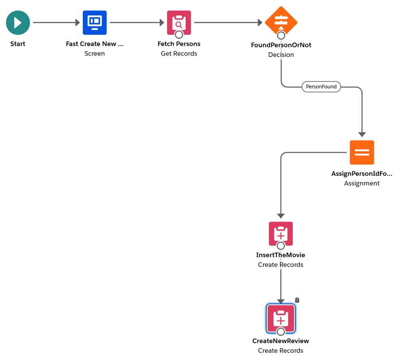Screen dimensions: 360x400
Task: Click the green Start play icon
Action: pyautogui.click(x=18, y=23)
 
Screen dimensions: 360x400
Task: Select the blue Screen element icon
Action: pyautogui.click(x=95, y=23)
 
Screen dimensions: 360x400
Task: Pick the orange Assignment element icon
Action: pyautogui.click(x=362, y=153)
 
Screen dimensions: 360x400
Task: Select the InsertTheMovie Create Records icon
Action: pyautogui.click(x=281, y=233)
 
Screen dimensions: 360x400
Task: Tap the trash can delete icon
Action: pyautogui.click(x=297, y=300)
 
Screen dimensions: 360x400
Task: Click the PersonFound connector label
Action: pyautogui.click(x=321, y=86)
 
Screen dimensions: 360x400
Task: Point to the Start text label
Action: pyautogui.click(x=18, y=44)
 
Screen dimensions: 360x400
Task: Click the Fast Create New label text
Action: pyautogui.click(x=95, y=44)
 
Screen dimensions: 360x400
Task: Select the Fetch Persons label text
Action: pyautogui.click(x=179, y=44)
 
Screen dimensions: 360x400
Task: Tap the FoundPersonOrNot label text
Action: pyautogui.click(x=281, y=45)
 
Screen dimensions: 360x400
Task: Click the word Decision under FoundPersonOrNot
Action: pyautogui.click(x=281, y=55)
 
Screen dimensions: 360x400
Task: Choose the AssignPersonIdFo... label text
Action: pyautogui.click(x=362, y=174)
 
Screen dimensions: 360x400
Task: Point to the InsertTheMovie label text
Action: pyautogui.click(x=281, y=255)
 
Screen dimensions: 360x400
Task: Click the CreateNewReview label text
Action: pyautogui.click(x=281, y=341)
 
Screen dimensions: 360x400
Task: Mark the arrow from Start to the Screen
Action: pyautogui.click(x=56, y=23)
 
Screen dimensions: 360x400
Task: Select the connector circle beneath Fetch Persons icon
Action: pyautogui.click(x=179, y=35)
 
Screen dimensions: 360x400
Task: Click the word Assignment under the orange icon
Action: pyautogui.click(x=362, y=183)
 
